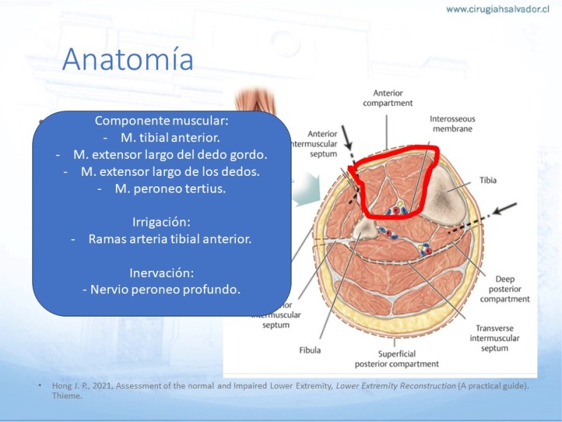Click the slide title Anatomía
[x=128, y=59]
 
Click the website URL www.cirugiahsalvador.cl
[x=497, y=9]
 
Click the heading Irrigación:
[x=162, y=222]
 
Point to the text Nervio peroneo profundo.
[x=165, y=289]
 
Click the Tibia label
[x=488, y=180]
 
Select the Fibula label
[x=310, y=350]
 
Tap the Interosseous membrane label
[x=452, y=124]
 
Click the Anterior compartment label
[x=388, y=98]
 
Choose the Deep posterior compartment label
[x=504, y=289]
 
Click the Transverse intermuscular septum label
[x=495, y=338]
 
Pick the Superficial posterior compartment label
[x=397, y=359]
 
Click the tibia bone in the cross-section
[x=445, y=196]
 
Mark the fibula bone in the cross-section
[x=365, y=228]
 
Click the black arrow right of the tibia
[x=504, y=208]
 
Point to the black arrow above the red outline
[x=347, y=138]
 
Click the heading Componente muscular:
[x=162, y=120]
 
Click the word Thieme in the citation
[x=67, y=396]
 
